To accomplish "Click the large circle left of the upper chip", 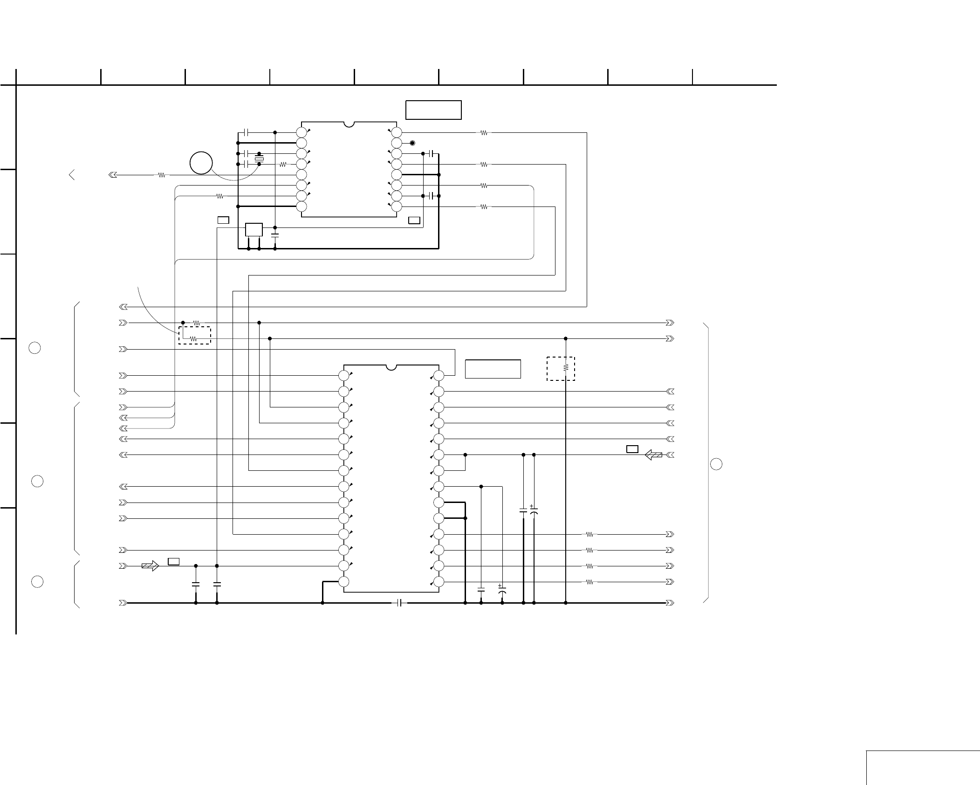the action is click(201, 163).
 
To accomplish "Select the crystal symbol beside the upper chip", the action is click(259, 159).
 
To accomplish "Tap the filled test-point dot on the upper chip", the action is click(412, 143).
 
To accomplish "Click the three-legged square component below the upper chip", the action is click(254, 230).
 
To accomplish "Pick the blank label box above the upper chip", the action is click(433, 110).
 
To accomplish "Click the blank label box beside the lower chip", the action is click(493, 369).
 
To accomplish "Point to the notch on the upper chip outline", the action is click(349, 124).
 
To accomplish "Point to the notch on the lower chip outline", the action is click(391, 367).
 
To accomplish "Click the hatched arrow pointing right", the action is click(151, 566).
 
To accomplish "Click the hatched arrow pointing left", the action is click(653, 455).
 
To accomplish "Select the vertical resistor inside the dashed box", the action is click(566, 368).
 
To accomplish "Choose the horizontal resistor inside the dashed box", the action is click(194, 339).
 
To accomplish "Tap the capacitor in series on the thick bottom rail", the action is click(400, 603).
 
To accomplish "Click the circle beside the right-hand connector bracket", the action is click(717, 464).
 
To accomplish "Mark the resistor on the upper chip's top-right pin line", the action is click(484, 133).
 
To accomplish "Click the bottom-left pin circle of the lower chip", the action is click(344, 582).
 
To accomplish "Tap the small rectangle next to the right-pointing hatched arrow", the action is click(174, 562).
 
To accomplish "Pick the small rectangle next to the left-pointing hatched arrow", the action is click(632, 449).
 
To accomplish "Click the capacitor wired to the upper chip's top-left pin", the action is click(247, 132).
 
